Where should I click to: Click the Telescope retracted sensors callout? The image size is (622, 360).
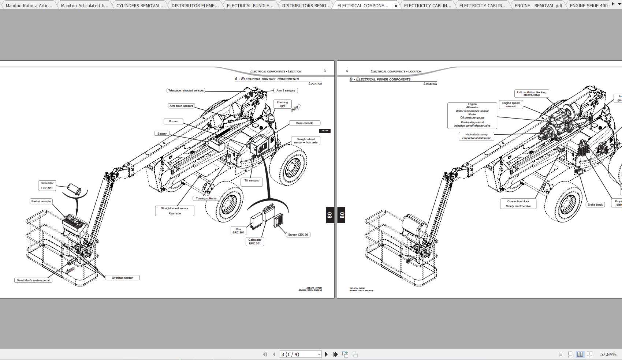[186, 90]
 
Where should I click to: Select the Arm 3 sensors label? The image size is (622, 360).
[286, 90]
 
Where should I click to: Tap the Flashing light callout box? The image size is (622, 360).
[282, 104]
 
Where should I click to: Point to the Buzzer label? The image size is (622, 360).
[173, 121]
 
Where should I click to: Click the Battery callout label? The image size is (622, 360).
[162, 134]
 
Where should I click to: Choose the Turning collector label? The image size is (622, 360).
[206, 198]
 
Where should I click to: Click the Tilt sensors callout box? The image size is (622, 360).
[252, 181]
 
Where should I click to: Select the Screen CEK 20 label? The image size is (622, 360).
[298, 235]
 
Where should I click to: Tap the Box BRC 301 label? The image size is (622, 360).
[238, 231]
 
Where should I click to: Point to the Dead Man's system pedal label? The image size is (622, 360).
[33, 280]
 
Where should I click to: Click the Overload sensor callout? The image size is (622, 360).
[122, 278]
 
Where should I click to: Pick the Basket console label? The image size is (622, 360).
[41, 201]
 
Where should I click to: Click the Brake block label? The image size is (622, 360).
[595, 205]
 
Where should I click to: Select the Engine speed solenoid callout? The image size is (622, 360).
[511, 105]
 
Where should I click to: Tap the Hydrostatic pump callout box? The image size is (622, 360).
[476, 136]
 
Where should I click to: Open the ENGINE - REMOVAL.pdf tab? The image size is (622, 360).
[538, 5]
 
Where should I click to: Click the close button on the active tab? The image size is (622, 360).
[396, 6]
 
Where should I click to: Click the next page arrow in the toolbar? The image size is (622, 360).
[326, 354]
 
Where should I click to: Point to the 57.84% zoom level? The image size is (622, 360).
[608, 354]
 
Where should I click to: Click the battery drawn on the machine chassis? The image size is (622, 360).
[216, 144]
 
